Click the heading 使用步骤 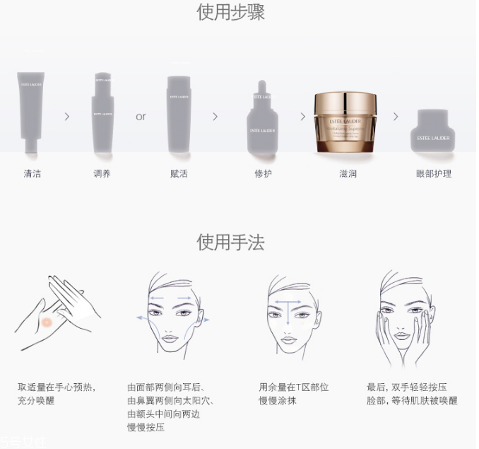tap(230, 13)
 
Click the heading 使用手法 tap(230, 243)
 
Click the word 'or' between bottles tap(141, 117)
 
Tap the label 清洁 tap(32, 173)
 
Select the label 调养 tap(102, 173)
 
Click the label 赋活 tap(179, 173)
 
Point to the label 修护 tap(262, 173)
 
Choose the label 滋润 tap(347, 173)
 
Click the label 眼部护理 tap(434, 173)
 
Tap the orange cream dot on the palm tap(47, 322)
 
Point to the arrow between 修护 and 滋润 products tap(302, 117)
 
